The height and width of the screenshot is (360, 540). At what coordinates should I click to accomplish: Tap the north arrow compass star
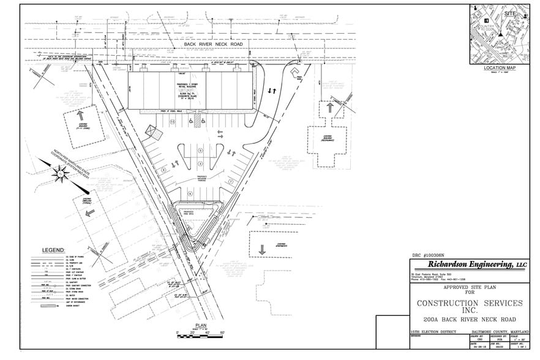point(61,174)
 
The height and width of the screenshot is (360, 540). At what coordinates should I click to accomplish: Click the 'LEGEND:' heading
point(53,250)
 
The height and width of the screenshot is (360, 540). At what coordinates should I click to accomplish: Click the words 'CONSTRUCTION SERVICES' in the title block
point(469,303)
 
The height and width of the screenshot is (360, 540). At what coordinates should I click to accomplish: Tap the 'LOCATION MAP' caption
point(500,67)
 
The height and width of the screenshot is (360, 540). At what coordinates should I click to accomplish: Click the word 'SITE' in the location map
point(510,13)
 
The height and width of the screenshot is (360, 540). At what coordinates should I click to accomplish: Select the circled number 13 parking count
point(173,122)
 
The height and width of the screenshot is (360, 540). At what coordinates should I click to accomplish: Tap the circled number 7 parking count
point(230,181)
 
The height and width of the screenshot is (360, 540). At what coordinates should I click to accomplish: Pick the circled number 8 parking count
point(163,169)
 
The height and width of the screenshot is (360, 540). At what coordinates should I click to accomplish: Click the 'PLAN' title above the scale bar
point(201,325)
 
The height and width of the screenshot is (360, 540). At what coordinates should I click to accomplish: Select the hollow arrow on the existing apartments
point(262,250)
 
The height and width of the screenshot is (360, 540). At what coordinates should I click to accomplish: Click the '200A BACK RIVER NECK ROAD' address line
point(469,320)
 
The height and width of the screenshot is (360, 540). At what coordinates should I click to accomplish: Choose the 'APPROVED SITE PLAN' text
point(468,287)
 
